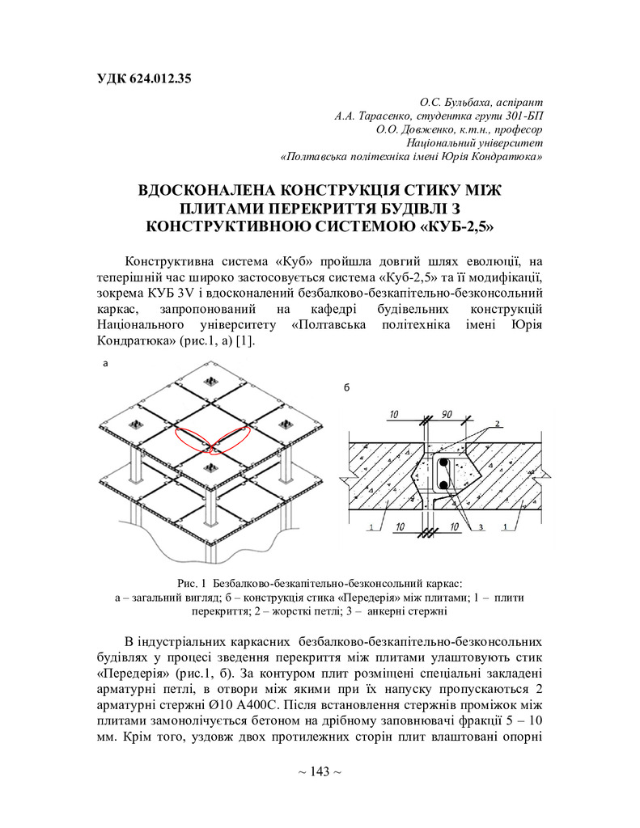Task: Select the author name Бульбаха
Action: (x=464, y=103)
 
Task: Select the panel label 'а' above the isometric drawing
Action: (x=104, y=365)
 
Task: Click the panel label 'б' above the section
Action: (x=347, y=389)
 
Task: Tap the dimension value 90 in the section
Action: (x=447, y=415)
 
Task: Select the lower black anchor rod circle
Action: (x=443, y=485)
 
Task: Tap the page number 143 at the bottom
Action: (x=320, y=772)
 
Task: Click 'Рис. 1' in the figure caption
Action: (x=192, y=582)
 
